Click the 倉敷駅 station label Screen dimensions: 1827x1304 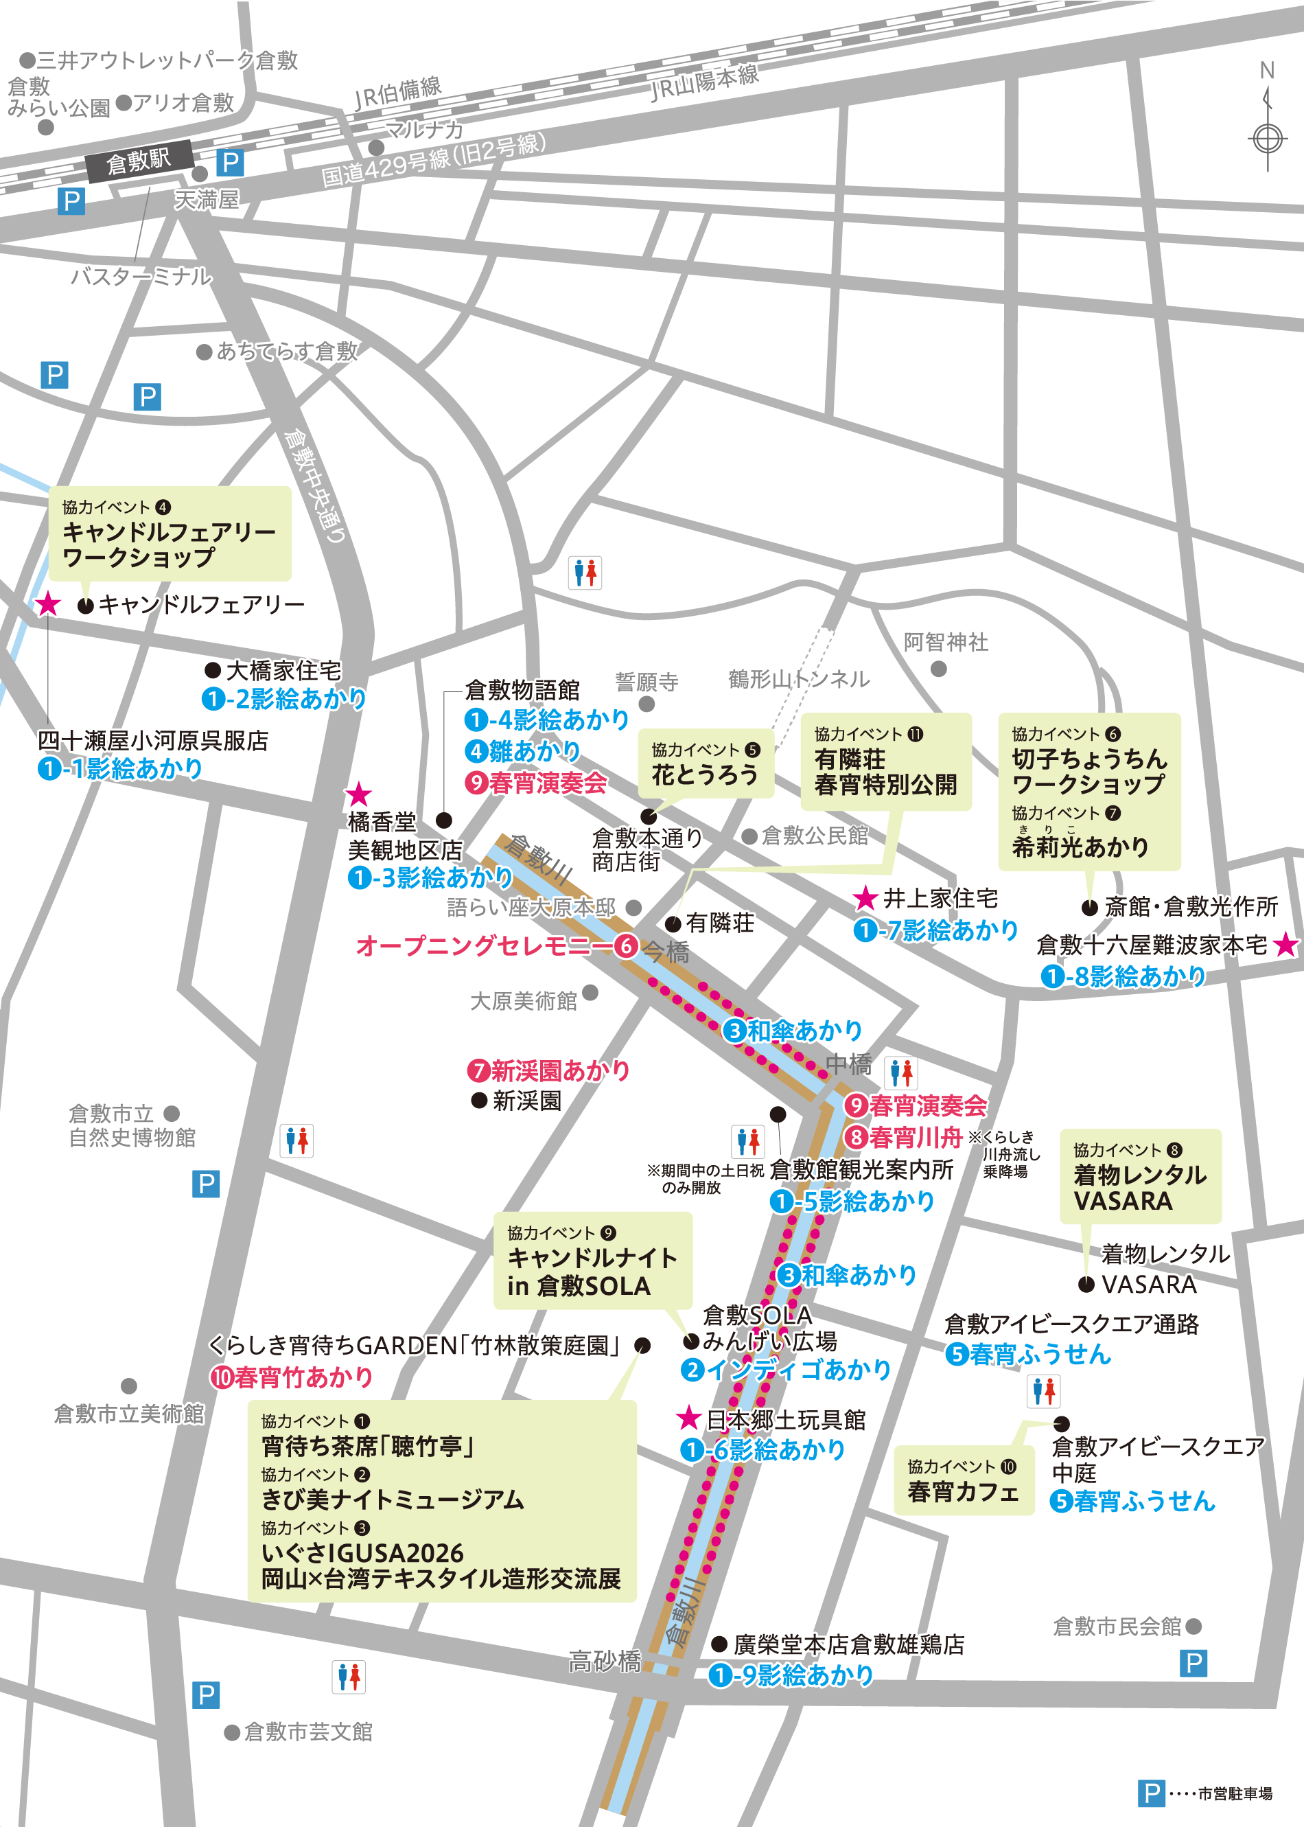pyautogui.click(x=138, y=161)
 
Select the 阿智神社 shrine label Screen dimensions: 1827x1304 pyautogui.click(x=945, y=643)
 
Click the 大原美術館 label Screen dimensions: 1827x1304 pyautogui.click(x=524, y=1000)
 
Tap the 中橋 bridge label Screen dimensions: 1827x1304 pyautogui.click(x=849, y=1065)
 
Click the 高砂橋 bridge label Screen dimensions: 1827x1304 pyautogui.click(x=605, y=1661)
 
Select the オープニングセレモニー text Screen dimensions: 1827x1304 pyautogui.click(x=483, y=946)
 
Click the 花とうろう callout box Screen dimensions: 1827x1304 pyautogui.click(x=705, y=763)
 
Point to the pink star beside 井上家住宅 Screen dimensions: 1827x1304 pyautogui.click(x=865, y=898)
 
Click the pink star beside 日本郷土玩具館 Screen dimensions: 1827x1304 pyautogui.click(x=688, y=1418)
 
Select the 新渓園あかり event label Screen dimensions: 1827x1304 pyautogui.click(x=549, y=1070)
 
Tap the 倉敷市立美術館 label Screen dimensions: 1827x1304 pyautogui.click(x=128, y=1414)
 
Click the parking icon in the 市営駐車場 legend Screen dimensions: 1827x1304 pyautogui.click(x=1151, y=1793)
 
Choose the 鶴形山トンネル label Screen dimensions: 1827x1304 pyautogui.click(x=798, y=680)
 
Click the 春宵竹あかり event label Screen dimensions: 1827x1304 pyautogui.click(x=292, y=1377)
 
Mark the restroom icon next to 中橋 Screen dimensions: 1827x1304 pyautogui.click(x=901, y=1073)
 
